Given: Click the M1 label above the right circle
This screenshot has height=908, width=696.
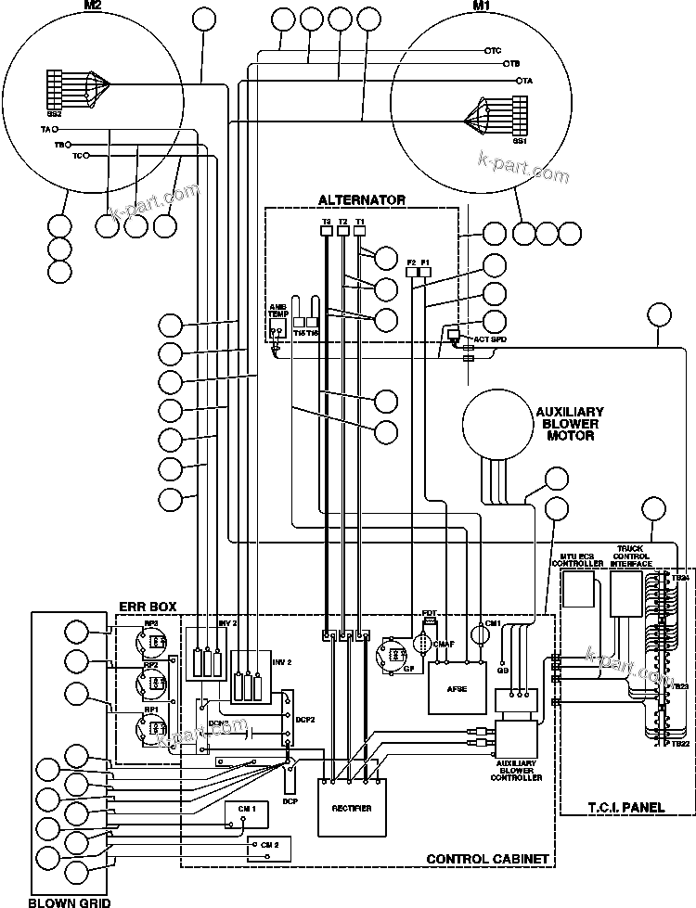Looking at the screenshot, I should tap(482, 6).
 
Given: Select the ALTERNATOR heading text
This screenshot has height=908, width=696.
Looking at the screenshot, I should tap(362, 199).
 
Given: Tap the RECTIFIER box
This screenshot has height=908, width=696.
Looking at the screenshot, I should tap(352, 808).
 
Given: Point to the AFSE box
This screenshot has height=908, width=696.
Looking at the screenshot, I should tap(457, 687).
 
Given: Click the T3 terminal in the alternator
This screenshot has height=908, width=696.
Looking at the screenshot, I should tap(327, 223).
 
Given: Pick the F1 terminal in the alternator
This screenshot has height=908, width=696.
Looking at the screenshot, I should tap(426, 262).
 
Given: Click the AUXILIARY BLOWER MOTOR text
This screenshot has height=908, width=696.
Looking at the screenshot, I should tap(570, 423).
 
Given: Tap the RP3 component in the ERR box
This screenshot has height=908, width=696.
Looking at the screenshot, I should tap(150, 640).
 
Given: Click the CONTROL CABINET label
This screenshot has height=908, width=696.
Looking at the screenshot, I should tap(486, 859).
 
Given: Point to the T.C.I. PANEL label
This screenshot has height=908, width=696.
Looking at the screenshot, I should tap(627, 807).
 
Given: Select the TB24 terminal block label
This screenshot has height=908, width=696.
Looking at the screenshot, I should tap(680, 578).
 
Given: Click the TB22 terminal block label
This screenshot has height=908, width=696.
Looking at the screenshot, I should tap(680, 744).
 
